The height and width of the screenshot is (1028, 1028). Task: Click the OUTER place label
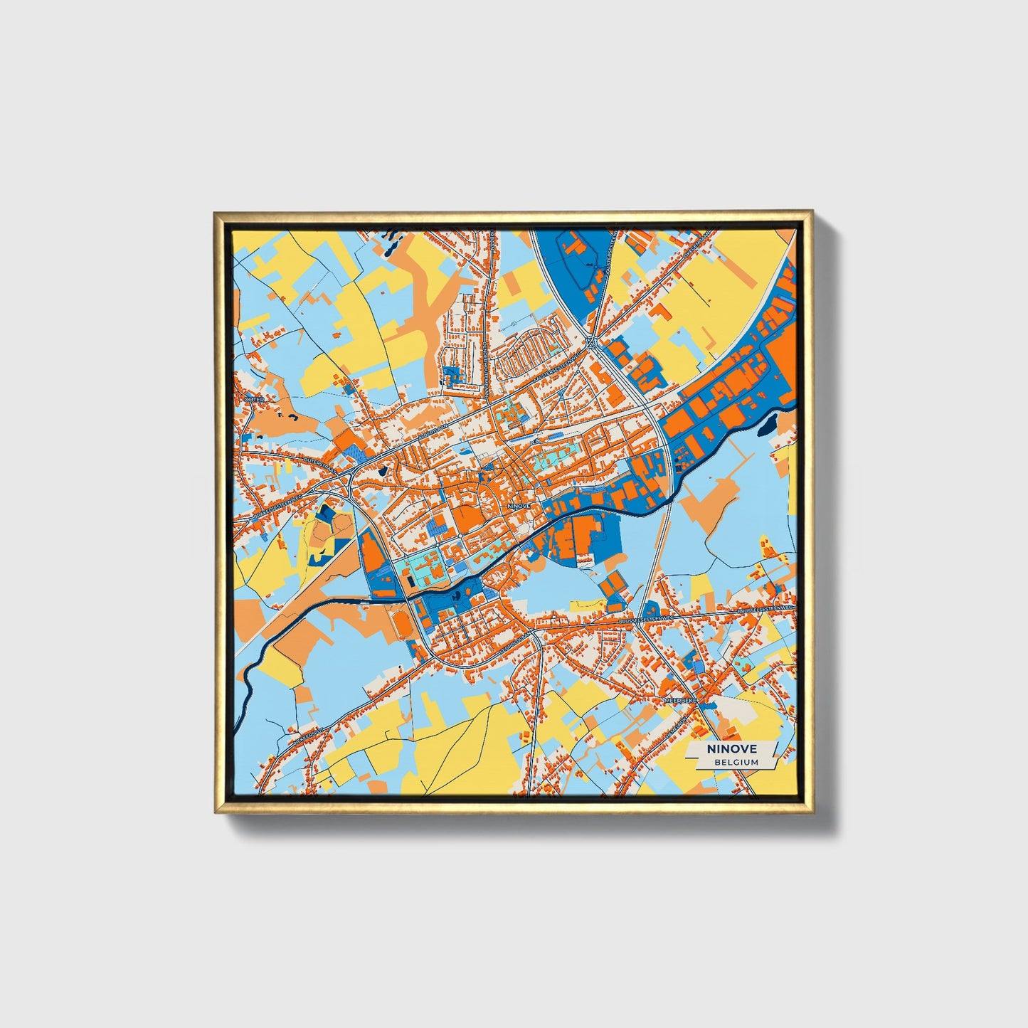tap(254, 400)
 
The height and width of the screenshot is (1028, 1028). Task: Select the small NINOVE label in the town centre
tap(519, 505)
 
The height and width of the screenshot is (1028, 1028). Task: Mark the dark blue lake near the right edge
tap(771, 425)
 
